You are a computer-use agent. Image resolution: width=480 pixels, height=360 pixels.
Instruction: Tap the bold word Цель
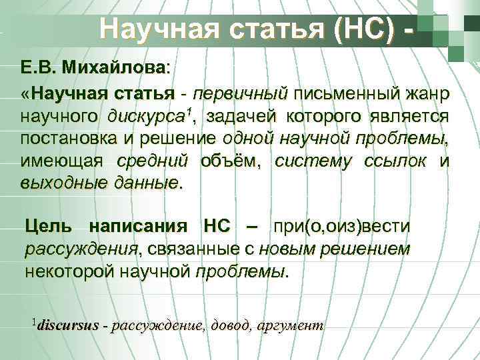click(x=46, y=227)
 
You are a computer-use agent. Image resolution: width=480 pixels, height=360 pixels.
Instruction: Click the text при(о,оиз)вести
click(x=342, y=227)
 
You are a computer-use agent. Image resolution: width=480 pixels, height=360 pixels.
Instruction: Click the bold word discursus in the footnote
click(x=69, y=326)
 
